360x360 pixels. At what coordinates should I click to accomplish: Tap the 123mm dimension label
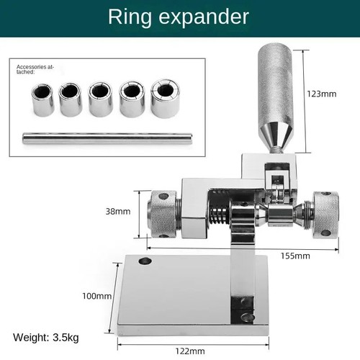click(x=321, y=93)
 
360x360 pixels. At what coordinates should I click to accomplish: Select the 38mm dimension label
click(x=117, y=211)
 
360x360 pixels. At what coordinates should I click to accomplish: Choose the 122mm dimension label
click(x=190, y=351)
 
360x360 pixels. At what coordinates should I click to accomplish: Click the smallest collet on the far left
click(x=40, y=100)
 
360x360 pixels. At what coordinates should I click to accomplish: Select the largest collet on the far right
click(x=167, y=99)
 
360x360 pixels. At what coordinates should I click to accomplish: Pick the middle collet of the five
click(x=101, y=99)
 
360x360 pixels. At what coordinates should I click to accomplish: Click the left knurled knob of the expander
click(x=162, y=214)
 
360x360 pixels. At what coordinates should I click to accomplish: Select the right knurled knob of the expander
click(x=325, y=214)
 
